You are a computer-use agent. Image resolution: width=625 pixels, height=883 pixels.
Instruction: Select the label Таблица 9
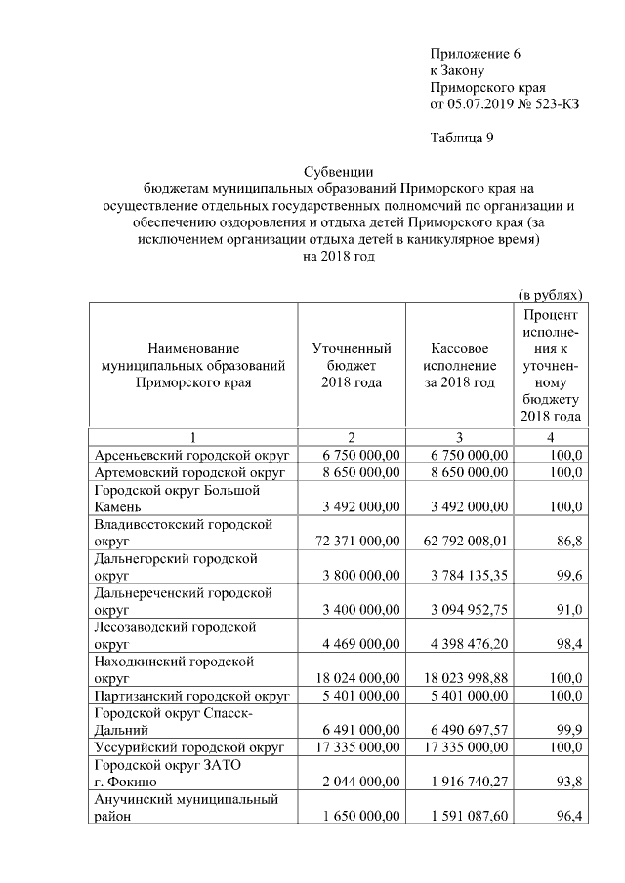point(462,137)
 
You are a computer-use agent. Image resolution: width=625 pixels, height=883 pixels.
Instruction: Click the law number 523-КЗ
point(549,103)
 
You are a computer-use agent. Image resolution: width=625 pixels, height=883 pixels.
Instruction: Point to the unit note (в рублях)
point(550,293)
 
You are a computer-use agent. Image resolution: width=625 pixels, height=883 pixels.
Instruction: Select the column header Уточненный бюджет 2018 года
point(352,365)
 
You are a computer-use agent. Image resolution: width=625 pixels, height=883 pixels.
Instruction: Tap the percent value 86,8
point(568,540)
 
